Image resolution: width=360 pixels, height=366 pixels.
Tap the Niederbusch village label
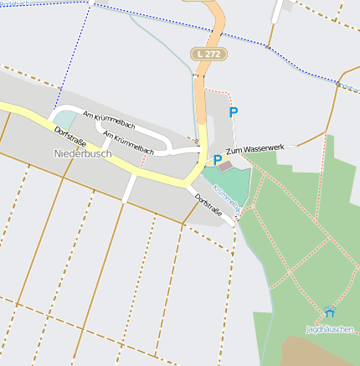(x=82, y=153)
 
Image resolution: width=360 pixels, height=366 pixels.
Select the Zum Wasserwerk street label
(x=255, y=147)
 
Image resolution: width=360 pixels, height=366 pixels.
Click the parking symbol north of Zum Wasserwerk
(x=234, y=111)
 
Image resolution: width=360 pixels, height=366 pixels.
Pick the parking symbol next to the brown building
(x=218, y=159)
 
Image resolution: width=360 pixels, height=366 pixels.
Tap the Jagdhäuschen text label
(x=330, y=329)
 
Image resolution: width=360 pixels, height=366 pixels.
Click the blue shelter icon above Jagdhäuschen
(x=327, y=313)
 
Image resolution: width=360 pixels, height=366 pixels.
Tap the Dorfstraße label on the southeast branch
(x=213, y=209)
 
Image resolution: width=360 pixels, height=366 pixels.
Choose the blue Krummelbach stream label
(x=228, y=198)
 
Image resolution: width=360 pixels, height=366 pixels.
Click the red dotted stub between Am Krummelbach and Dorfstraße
(x=141, y=158)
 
